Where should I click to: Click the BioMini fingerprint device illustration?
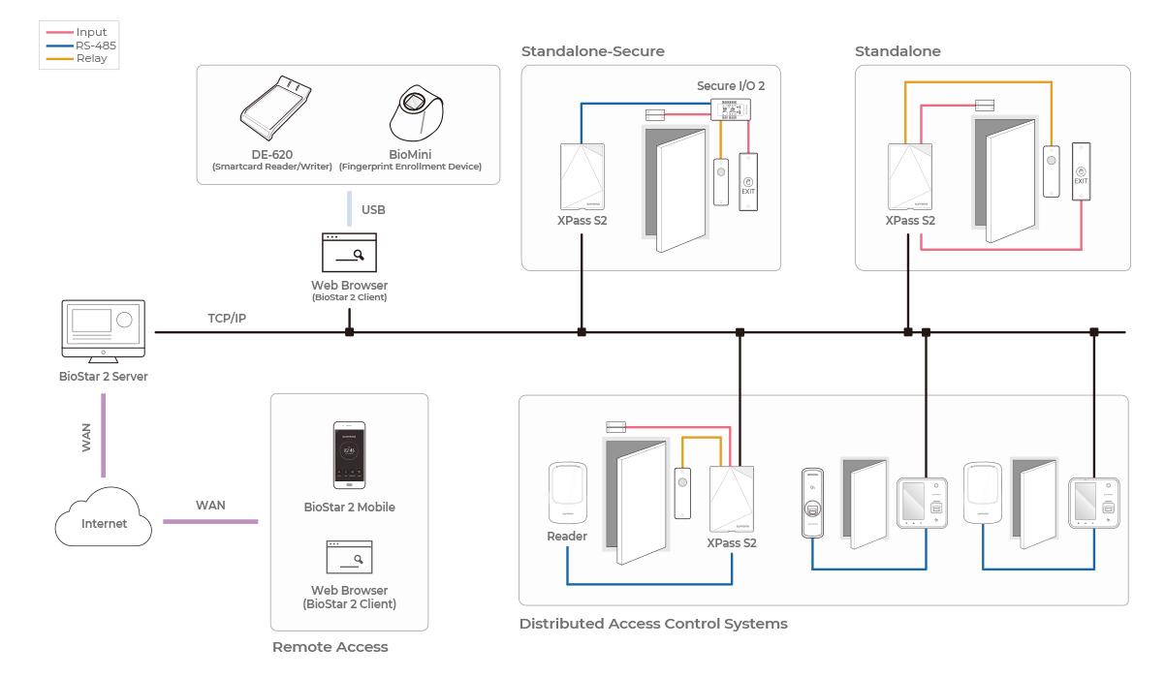tap(419, 114)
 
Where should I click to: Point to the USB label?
tap(373, 209)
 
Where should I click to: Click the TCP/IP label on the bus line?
tap(227, 318)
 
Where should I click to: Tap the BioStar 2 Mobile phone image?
tap(349, 455)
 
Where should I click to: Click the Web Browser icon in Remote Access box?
tap(349, 558)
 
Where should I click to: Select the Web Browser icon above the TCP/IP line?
tap(349, 252)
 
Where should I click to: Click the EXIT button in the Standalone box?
tap(1082, 170)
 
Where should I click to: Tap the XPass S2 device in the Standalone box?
tap(910, 176)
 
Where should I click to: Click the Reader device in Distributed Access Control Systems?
tap(567, 492)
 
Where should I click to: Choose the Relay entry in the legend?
tap(92, 59)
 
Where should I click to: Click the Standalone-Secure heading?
tap(593, 51)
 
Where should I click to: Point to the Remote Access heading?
tap(330, 647)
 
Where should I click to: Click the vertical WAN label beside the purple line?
tap(86, 438)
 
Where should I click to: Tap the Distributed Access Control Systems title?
tap(653, 624)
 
